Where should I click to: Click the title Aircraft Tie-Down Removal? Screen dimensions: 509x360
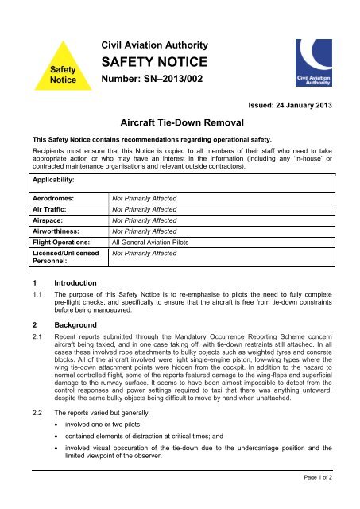180,124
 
